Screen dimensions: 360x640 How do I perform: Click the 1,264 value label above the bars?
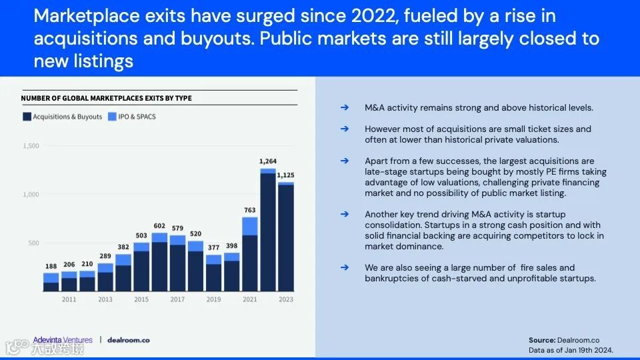point(267,161)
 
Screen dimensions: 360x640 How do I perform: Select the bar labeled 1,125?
point(285,237)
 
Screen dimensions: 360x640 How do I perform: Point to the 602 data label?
point(159,225)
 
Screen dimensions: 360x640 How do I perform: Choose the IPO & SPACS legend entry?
point(131,117)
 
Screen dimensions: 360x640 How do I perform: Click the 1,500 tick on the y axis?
point(31,146)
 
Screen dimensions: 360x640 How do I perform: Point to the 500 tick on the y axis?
point(33,243)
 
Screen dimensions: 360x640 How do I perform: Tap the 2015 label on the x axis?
point(141,299)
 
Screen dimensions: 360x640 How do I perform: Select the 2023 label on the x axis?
point(285,299)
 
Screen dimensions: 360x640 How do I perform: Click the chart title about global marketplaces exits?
point(106,98)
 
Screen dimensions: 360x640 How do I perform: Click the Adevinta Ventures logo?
point(63,340)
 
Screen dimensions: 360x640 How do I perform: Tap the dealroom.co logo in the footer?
point(129,340)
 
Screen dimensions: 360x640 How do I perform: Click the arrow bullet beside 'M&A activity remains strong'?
point(344,107)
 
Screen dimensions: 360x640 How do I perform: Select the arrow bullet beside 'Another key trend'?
point(344,214)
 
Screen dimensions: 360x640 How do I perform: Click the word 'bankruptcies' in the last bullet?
point(393,278)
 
